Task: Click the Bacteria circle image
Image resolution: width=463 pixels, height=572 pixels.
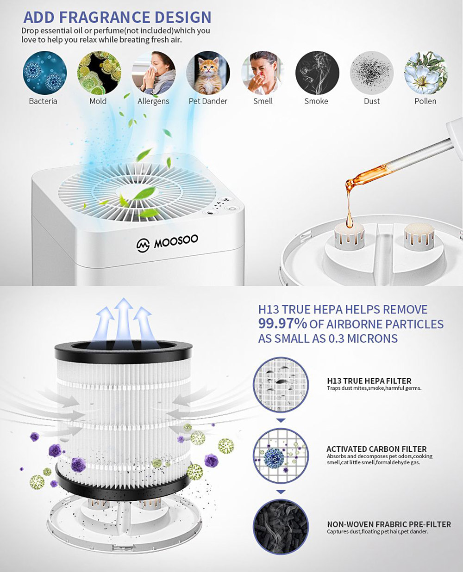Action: pyautogui.click(x=44, y=73)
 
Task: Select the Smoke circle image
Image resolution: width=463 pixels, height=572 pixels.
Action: pyautogui.click(x=317, y=73)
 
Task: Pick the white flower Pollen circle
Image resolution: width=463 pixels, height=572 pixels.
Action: pyautogui.click(x=425, y=73)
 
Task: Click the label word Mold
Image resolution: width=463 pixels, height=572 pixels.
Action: pyautogui.click(x=98, y=101)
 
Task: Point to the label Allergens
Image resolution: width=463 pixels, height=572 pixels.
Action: pyautogui.click(x=153, y=101)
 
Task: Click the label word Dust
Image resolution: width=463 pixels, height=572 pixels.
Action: pyautogui.click(x=371, y=101)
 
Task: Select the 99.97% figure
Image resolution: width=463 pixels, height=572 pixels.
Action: pyautogui.click(x=282, y=324)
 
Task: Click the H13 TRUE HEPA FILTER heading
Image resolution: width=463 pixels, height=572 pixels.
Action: pyautogui.click(x=369, y=381)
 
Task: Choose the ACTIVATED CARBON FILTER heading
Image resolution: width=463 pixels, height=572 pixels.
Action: pyautogui.click(x=376, y=449)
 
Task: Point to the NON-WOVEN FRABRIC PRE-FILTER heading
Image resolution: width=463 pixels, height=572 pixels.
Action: pyautogui.click(x=389, y=524)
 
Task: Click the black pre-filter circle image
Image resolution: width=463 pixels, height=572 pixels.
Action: pyautogui.click(x=281, y=527)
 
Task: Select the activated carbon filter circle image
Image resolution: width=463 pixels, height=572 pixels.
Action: pyautogui.click(x=281, y=455)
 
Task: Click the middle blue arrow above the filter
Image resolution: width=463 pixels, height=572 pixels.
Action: pyautogui.click(x=124, y=319)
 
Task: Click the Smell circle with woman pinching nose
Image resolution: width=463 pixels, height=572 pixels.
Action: pyautogui.click(x=263, y=73)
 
